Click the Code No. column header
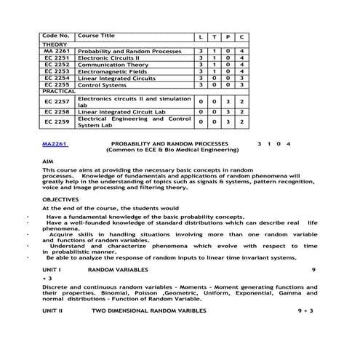coord(56,35)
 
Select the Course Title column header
coord(96,35)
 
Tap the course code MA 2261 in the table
coord(57,51)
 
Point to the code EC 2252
coord(57,65)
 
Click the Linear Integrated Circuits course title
coord(116,78)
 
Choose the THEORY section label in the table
coord(55,44)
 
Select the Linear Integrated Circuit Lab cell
coord(124,112)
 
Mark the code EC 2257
coord(57,102)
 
